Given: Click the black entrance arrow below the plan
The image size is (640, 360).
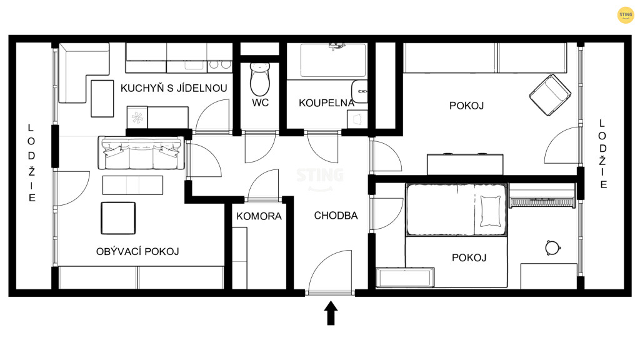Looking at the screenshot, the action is pyautogui.click(x=331, y=313).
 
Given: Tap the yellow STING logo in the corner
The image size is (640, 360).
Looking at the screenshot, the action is pyautogui.click(x=625, y=15).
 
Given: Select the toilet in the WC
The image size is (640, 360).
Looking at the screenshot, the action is pyautogui.click(x=259, y=79).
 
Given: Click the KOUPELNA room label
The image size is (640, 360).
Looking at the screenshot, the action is pyautogui.click(x=326, y=103).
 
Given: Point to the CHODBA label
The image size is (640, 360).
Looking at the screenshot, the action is pyautogui.click(x=336, y=216).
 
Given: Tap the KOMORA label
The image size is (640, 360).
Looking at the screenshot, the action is pyautogui.click(x=259, y=216).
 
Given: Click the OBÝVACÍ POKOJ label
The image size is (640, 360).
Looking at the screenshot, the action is pyautogui.click(x=137, y=251).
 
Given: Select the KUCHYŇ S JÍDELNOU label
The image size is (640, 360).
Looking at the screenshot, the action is pyautogui.click(x=174, y=87).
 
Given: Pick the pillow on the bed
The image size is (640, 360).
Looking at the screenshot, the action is pyautogui.click(x=490, y=211).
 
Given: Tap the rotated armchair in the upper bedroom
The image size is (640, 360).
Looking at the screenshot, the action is pyautogui.click(x=550, y=95).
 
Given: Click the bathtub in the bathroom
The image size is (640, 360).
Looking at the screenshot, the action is pyautogui.click(x=333, y=61).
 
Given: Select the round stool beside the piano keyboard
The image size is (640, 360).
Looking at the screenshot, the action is pyautogui.click(x=552, y=247).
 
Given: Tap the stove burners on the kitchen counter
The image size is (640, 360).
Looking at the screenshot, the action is pyautogui.click(x=219, y=64).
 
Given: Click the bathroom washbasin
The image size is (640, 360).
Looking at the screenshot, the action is pyautogui.click(x=359, y=91).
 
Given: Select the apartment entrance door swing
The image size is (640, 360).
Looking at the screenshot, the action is pyautogui.click(x=330, y=271).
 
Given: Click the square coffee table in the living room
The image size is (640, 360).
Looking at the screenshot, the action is pyautogui.click(x=118, y=218).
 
